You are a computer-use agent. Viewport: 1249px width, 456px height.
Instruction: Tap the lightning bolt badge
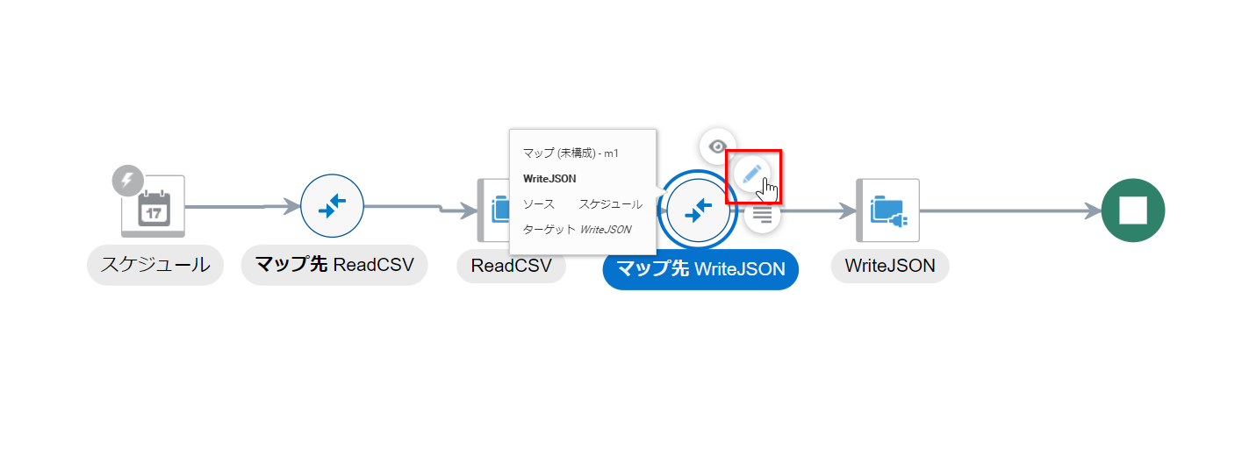127,181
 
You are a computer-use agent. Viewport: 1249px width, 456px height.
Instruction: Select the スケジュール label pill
155,265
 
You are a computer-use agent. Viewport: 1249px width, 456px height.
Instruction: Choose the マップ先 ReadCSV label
334,265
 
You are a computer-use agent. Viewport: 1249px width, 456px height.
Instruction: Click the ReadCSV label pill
511,265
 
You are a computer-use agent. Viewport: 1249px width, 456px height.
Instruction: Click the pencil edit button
751,174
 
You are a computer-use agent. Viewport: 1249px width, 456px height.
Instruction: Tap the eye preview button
718,146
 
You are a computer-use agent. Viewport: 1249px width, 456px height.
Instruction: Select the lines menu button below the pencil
762,214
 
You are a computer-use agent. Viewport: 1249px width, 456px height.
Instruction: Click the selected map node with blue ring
698,210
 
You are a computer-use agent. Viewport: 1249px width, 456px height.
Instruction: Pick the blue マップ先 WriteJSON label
700,269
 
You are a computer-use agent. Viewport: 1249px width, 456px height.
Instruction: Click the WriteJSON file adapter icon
887,210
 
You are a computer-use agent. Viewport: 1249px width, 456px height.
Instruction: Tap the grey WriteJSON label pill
889,265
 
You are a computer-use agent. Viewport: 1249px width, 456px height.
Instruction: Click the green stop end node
1132,210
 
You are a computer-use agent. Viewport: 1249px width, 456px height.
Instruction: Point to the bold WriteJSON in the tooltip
549,179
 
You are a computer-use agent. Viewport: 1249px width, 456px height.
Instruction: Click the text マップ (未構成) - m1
571,153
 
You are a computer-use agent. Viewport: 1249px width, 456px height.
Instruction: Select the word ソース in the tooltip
538,204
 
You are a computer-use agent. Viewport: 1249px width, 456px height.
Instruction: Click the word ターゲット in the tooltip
549,230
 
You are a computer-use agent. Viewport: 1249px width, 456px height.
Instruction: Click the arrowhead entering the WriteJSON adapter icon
846,210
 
